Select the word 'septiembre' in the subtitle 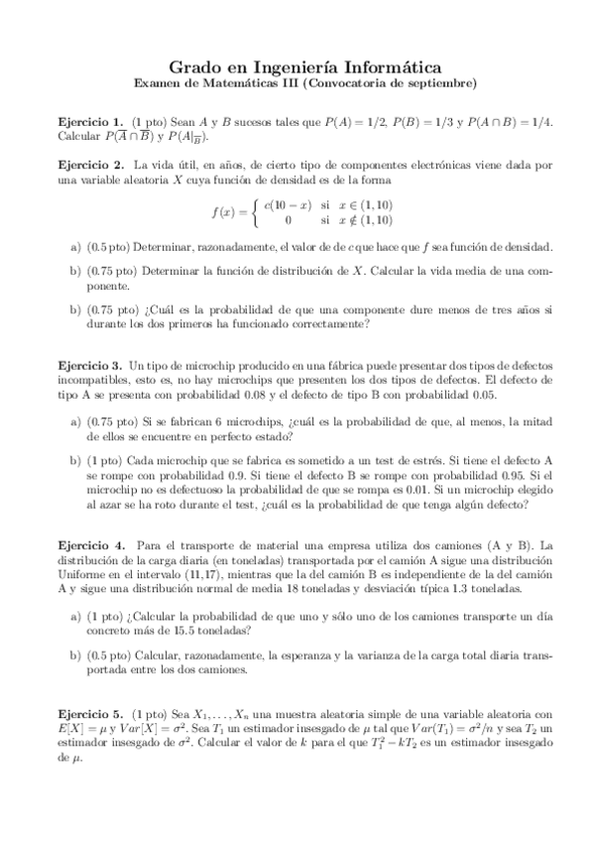coord(440,81)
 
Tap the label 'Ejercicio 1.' coord(91,121)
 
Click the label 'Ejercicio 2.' coord(91,164)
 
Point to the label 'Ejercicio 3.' coord(91,365)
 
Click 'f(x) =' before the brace coord(230,211)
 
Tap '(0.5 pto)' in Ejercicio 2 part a coord(107,246)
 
